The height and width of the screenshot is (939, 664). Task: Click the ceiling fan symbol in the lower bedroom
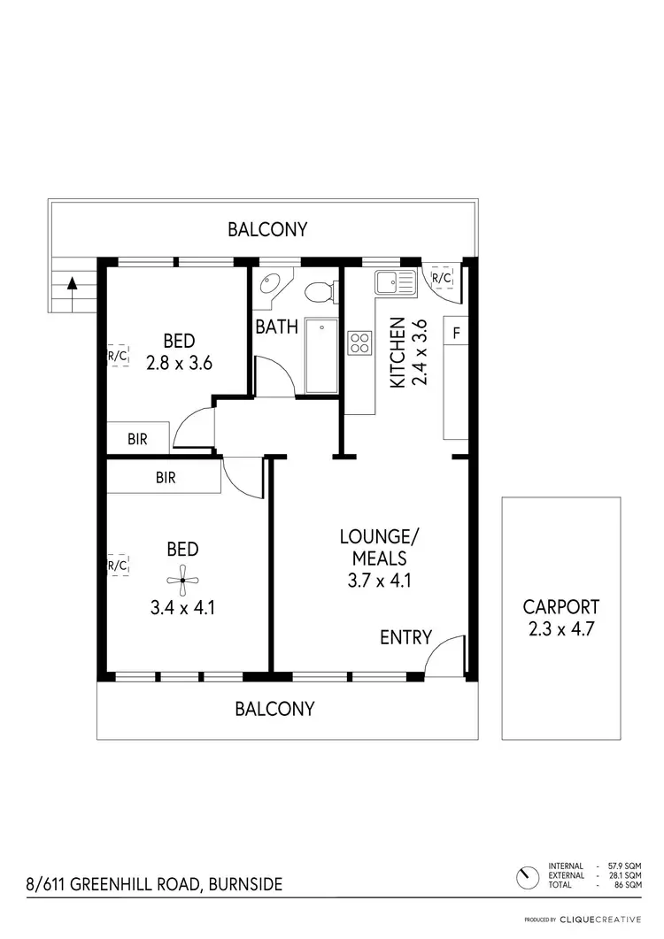pos(181,581)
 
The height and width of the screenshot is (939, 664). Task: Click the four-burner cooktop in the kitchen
pos(359,342)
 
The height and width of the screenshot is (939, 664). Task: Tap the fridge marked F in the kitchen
pos(456,333)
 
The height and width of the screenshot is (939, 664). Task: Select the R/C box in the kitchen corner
pos(441,278)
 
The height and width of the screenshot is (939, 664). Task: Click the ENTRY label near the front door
pos(405,637)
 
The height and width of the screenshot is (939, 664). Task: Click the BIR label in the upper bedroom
pos(137,438)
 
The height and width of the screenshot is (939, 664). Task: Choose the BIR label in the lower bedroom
pos(165,478)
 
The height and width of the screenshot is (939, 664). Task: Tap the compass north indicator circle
pos(528,877)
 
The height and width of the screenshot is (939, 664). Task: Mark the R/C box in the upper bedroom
pos(118,357)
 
